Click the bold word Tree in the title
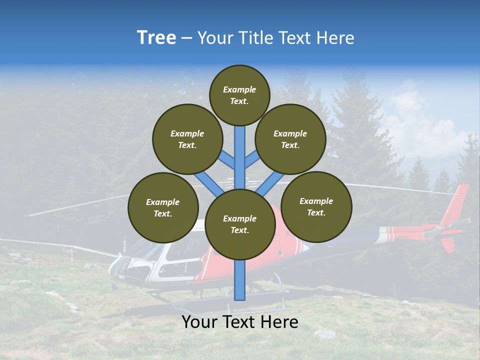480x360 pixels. (156, 38)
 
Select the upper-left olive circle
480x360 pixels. (187, 139)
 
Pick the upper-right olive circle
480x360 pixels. (290, 139)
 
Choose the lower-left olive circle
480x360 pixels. (163, 207)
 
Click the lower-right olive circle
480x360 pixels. (316, 206)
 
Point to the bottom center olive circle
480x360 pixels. (240, 224)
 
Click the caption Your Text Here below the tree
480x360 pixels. (240, 322)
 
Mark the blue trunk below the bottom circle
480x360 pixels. (240, 280)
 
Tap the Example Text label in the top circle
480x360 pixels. (239, 95)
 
